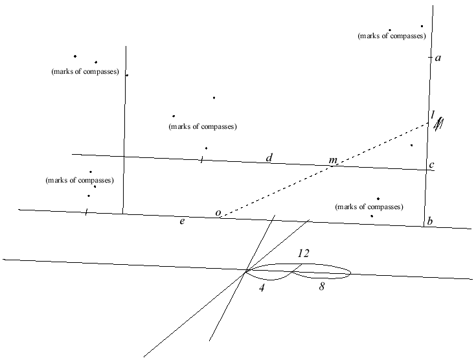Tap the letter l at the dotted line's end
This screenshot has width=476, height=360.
(x=433, y=115)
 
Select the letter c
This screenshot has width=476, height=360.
(x=431, y=165)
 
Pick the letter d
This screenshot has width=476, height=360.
(x=269, y=157)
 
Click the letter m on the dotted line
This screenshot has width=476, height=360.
(x=333, y=160)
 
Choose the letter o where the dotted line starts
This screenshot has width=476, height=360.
(x=218, y=214)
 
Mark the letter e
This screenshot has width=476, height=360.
(x=183, y=222)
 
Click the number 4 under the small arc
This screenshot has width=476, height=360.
(x=262, y=286)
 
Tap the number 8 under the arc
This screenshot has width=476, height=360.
(x=322, y=286)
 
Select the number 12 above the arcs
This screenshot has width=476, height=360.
(x=303, y=253)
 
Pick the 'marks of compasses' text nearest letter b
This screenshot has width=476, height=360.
(x=369, y=207)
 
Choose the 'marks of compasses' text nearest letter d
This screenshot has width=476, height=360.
(x=203, y=126)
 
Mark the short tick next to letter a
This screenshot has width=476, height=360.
(x=430, y=58)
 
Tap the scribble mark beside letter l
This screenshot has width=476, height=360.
(x=440, y=124)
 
